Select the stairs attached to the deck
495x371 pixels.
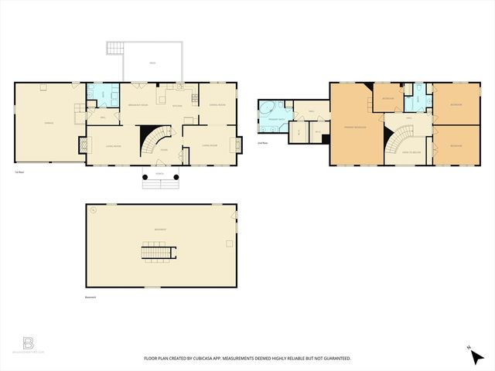coord(115,49)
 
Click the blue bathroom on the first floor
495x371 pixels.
coord(101,97)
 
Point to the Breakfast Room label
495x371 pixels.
coord(138,104)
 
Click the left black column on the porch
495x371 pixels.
coord(145,176)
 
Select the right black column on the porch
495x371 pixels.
coord(176,176)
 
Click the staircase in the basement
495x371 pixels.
coord(158,251)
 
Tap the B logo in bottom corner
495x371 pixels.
coord(29,342)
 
